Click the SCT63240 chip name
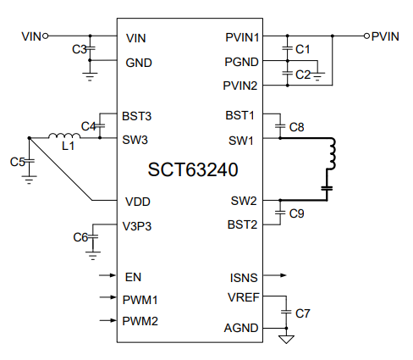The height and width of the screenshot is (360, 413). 193,169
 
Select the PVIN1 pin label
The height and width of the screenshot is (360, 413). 241,38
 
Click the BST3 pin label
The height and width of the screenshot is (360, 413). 138,115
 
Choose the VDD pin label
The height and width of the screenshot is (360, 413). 137,202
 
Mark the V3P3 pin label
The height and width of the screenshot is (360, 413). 140,226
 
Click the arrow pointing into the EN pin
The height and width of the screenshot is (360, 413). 107,276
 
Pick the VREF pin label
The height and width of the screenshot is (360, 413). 243,297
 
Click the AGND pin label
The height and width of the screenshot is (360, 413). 242,328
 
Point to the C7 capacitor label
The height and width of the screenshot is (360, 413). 303,313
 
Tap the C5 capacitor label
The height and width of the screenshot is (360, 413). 17,161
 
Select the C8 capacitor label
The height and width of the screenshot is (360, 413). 296,127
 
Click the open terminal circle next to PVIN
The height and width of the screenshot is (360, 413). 366,36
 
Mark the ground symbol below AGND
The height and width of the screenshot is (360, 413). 286,339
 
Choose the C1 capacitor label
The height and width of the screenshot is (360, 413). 303,50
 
